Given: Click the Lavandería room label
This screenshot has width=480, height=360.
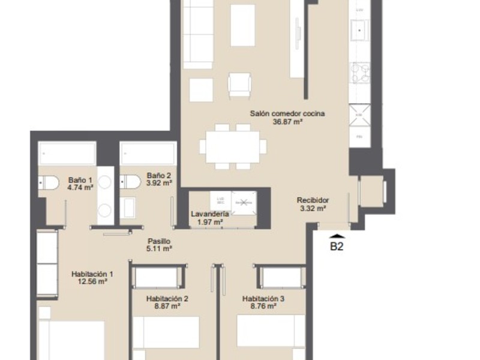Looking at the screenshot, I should coord(209,214).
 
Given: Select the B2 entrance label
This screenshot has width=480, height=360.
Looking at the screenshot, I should coord(337,245).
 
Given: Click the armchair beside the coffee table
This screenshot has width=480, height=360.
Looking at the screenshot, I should coord(239,85).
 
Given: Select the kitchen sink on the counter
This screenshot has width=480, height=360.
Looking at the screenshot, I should coord(361,29).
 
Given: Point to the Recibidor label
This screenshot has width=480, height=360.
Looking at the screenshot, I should coord(313,200).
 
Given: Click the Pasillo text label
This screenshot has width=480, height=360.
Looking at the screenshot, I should coord(160,240).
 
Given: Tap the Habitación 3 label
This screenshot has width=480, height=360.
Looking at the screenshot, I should coord(262,298).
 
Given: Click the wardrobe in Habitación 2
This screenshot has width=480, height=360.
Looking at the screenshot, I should coord(155,277).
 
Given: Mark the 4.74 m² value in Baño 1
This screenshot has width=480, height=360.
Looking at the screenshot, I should coord(80,187).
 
